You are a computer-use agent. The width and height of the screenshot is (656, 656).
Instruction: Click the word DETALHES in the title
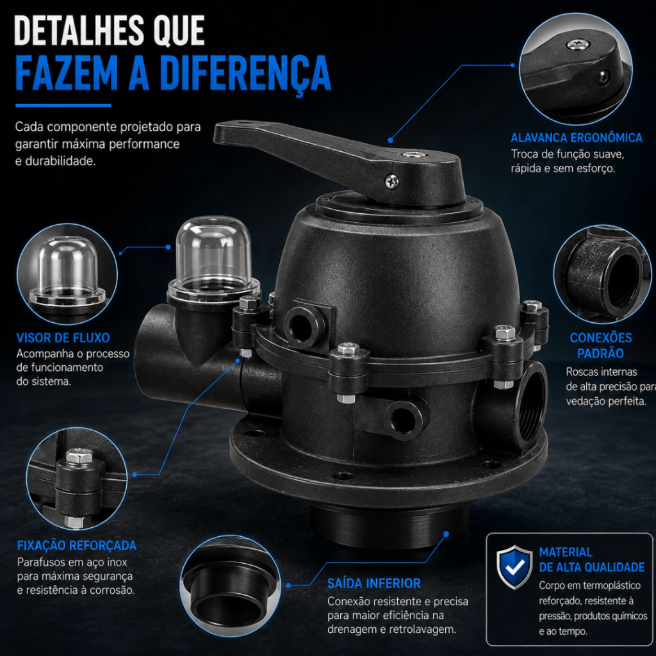pyautogui.click(x=78, y=31)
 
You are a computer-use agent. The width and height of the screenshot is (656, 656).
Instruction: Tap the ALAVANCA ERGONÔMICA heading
pyautogui.click(x=577, y=138)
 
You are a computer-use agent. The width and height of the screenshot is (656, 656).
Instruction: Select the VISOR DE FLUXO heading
pyautogui.click(x=63, y=338)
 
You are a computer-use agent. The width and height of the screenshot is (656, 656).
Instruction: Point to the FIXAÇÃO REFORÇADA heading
pyautogui.click(x=77, y=545)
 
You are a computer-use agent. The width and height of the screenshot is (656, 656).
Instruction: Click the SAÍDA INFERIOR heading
pyautogui.click(x=374, y=583)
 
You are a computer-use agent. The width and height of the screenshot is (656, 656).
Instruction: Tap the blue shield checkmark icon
pyautogui.click(x=514, y=567)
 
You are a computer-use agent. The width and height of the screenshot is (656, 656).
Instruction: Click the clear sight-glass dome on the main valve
pyautogui.click(x=213, y=258)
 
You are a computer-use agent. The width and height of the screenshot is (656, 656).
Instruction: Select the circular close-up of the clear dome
pyautogui.click(x=67, y=274)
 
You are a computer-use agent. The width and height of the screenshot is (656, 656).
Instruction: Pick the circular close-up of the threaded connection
pyautogui.click(x=602, y=274)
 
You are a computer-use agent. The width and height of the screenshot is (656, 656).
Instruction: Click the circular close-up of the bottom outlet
pyautogui.click(x=231, y=586)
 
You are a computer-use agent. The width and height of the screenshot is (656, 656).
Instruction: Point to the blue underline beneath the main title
pyautogui.click(x=63, y=106)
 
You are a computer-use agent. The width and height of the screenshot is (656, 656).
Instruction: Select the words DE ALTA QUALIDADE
pyautogui.click(x=591, y=568)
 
